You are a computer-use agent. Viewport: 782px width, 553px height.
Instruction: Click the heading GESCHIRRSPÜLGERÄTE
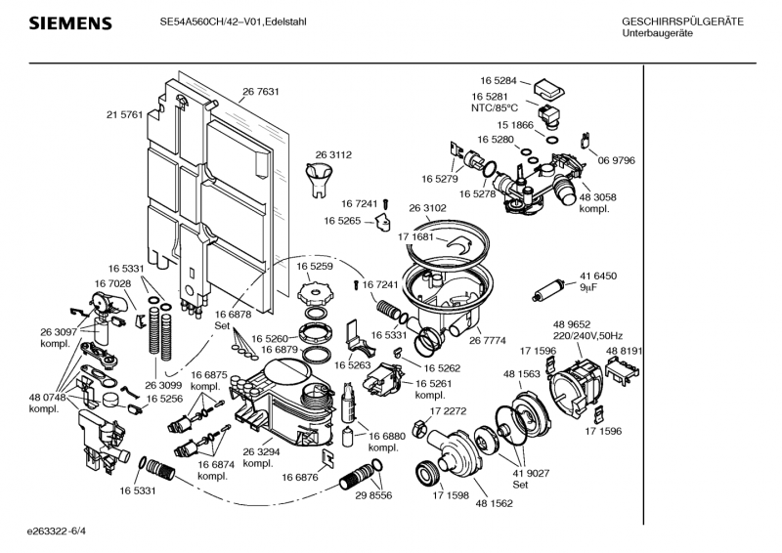(x=682, y=21)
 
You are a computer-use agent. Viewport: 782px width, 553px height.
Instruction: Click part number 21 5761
(x=124, y=114)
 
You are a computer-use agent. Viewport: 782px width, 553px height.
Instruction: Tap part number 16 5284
(x=499, y=80)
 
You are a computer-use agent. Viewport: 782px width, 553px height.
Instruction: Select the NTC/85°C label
(x=495, y=107)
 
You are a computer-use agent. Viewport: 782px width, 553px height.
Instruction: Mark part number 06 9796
(x=617, y=160)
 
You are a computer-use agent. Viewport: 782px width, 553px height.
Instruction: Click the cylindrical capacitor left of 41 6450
(x=550, y=289)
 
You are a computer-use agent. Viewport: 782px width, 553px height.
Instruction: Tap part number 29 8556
(x=372, y=496)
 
